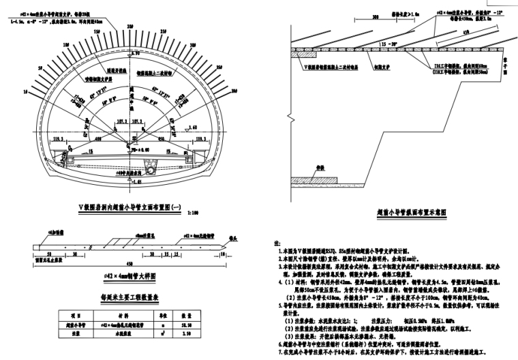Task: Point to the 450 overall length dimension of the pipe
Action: coord(129,265)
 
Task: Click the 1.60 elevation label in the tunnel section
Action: coord(196,127)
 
